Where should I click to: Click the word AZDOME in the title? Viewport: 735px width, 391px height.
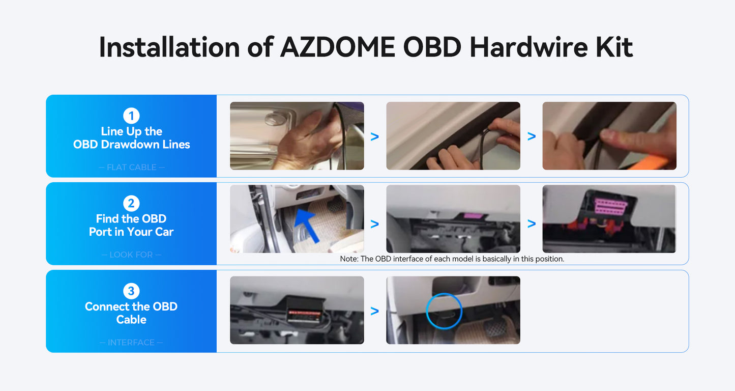point(338,47)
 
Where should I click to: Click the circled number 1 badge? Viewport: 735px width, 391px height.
point(131,116)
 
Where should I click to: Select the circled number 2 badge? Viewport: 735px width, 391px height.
point(131,203)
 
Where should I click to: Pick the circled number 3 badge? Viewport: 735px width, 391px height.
point(131,291)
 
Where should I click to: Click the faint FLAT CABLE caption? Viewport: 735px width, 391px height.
point(132,167)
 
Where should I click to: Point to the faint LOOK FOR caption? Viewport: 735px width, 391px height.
point(131,255)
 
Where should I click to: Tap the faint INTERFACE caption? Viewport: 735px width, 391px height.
point(131,343)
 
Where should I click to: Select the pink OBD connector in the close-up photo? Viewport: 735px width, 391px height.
point(611,206)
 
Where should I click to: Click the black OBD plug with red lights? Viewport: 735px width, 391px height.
point(305,310)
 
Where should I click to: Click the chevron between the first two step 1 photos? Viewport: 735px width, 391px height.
point(375,136)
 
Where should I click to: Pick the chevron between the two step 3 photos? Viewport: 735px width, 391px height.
point(375,311)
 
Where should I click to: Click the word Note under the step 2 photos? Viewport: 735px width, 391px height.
point(348,259)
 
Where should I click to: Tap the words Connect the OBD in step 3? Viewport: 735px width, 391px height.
point(131,306)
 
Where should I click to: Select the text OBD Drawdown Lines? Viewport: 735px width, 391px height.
point(132,145)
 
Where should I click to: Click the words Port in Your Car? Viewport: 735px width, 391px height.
point(131,232)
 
